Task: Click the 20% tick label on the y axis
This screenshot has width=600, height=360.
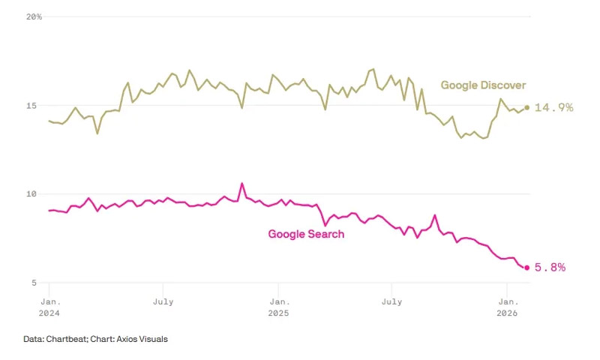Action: point(34,16)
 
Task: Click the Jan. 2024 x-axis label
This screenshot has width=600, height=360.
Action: point(49,307)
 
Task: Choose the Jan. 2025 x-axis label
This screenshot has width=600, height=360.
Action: point(278,307)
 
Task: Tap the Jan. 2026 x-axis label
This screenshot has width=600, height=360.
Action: point(507,307)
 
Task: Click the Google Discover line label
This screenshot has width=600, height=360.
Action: point(483,85)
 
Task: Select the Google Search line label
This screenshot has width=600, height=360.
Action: point(306,234)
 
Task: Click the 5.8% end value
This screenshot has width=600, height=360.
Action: point(550,267)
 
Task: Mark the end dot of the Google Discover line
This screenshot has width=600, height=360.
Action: point(526,107)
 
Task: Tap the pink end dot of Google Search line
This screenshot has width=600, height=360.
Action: point(526,267)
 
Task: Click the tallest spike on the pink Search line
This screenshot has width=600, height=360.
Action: point(241,183)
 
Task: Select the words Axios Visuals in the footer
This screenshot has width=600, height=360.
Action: point(143,339)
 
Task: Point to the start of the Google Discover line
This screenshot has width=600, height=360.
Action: point(49,121)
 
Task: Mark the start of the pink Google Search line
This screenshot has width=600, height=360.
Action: point(49,211)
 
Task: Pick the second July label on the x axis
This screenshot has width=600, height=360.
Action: point(391,301)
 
